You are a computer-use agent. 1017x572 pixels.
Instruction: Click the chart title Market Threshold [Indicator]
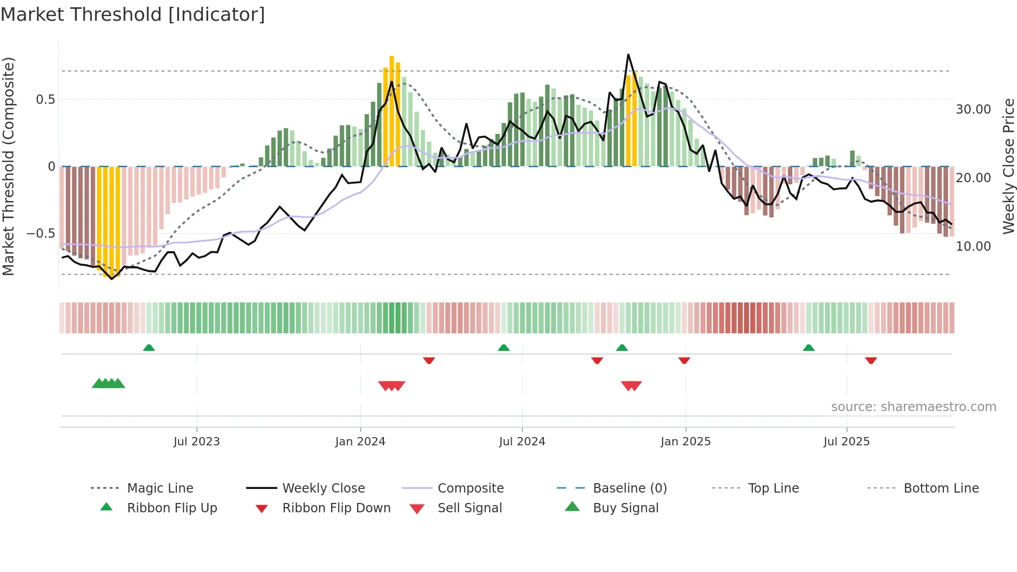[x=133, y=15]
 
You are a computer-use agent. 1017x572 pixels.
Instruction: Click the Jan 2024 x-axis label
[x=360, y=442]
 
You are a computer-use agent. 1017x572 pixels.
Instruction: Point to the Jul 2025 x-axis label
[x=846, y=442]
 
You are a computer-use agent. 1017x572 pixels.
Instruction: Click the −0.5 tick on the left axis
[x=41, y=234]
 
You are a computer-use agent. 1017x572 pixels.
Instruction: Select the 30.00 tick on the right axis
[x=973, y=110]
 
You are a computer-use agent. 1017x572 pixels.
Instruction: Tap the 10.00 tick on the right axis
[x=973, y=247]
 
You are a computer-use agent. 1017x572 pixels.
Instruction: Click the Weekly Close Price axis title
[x=1008, y=166]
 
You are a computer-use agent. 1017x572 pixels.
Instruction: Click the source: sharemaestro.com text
[x=913, y=407]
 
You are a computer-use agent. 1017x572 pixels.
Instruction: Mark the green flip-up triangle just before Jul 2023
[x=149, y=347]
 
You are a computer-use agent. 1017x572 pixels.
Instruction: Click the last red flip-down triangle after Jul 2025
[x=871, y=360]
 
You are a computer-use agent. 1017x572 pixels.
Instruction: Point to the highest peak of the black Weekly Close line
[x=628, y=55]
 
